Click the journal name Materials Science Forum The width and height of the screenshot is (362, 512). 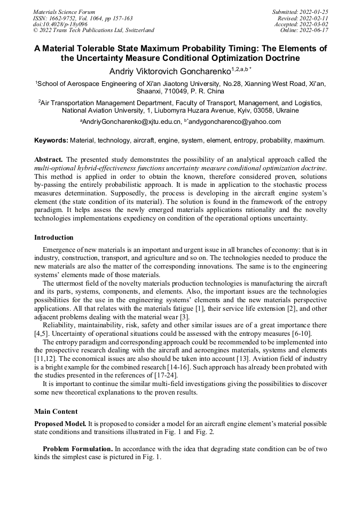pos(64,12)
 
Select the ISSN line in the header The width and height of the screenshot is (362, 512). pos(83,18)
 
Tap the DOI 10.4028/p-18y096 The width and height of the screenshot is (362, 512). pos(60,25)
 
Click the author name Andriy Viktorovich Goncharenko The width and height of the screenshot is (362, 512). pos(170,71)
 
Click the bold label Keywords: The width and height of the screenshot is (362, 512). pos(51,140)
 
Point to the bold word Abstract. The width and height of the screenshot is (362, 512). pos(49,160)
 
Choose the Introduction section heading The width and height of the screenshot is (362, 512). pos(53,238)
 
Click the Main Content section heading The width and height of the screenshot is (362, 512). pos(56,412)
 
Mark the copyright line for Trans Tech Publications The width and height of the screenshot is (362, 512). pos(93,30)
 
